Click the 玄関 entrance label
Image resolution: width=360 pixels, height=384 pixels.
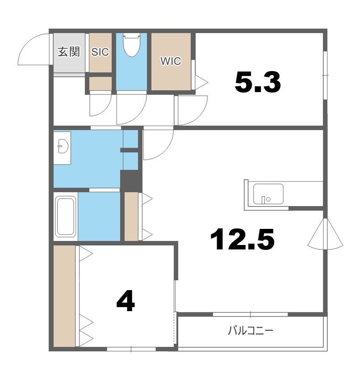pyautogui.click(x=69, y=52)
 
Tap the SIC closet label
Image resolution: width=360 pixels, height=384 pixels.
pyautogui.click(x=100, y=52)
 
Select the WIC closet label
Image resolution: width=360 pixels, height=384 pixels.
pyautogui.click(x=171, y=61)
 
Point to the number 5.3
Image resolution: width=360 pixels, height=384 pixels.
pyautogui.click(x=258, y=83)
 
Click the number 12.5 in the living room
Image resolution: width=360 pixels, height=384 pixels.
pyautogui.click(x=242, y=239)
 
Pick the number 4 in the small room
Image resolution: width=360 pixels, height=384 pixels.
pyautogui.click(x=126, y=301)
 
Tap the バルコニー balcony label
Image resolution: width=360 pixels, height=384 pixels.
pyautogui.click(x=251, y=331)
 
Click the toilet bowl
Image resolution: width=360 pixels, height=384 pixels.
pyautogui.click(x=132, y=45)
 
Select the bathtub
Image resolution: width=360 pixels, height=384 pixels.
pyautogui.click(x=65, y=216)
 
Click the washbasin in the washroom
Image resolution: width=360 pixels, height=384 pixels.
pyautogui.click(x=63, y=146)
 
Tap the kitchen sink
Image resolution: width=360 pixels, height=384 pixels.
pyautogui.click(x=268, y=194)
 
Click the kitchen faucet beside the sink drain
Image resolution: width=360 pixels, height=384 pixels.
pyautogui.click(x=264, y=200)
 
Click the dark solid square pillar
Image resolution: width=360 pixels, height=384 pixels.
pyautogui.click(x=131, y=181)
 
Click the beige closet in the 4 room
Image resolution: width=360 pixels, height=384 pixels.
pyautogui.click(x=64, y=296)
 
